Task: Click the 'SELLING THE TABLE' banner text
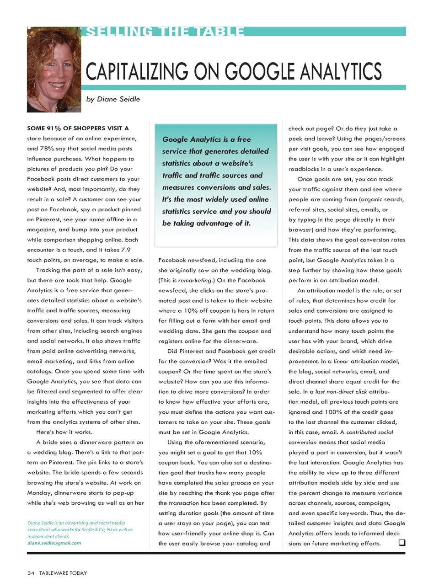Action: (x=165, y=32)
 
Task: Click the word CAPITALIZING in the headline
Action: (x=137, y=72)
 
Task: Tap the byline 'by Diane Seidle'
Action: (x=113, y=99)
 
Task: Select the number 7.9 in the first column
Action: (x=125, y=250)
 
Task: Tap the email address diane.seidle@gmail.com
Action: (x=54, y=543)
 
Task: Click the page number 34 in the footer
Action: (x=31, y=573)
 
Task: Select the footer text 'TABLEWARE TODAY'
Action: (x=63, y=573)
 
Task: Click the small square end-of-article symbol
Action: (x=402, y=543)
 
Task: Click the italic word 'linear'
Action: (x=341, y=361)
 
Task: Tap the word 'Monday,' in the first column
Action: (x=39, y=493)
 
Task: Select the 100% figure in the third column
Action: (x=333, y=412)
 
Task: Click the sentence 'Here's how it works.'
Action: (x=64, y=432)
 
